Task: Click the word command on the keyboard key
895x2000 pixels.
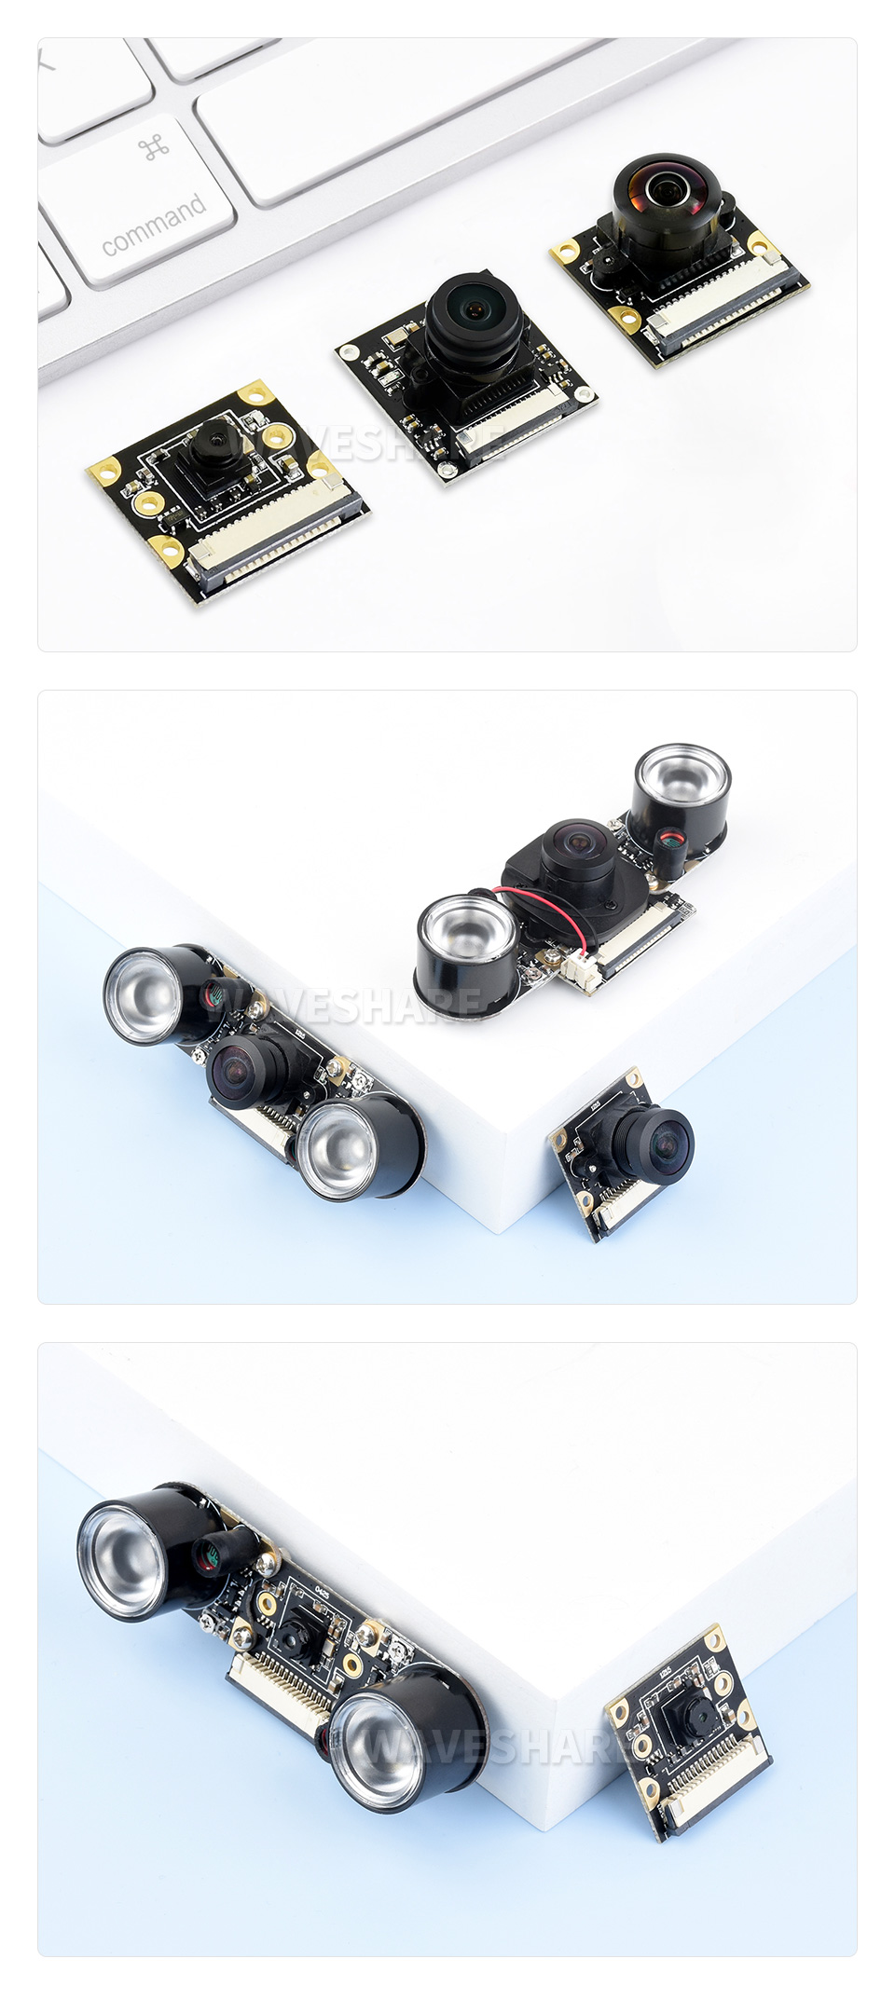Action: click(154, 224)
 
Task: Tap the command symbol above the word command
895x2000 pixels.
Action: click(154, 146)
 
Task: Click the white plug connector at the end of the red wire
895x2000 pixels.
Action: click(580, 969)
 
